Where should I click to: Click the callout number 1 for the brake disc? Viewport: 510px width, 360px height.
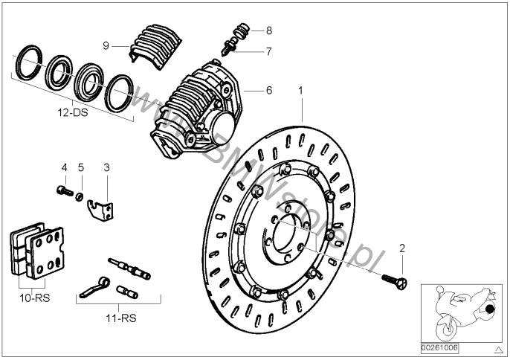pyautogui.click(x=301, y=91)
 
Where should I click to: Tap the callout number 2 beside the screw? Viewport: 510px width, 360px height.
pyautogui.click(x=402, y=248)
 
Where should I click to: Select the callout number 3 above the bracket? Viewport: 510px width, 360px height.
pyautogui.click(x=106, y=167)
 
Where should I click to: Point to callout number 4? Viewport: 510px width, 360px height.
pyautogui.click(x=64, y=167)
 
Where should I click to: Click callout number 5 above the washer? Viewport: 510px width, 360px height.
pyautogui.click(x=81, y=167)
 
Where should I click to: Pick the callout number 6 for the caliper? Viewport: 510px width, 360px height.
pyautogui.click(x=269, y=91)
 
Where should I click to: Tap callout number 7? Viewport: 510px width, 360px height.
pyautogui.click(x=269, y=51)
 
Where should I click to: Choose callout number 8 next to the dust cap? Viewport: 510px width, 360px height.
pyautogui.click(x=269, y=30)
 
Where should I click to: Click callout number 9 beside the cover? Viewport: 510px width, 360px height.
pyautogui.click(x=106, y=45)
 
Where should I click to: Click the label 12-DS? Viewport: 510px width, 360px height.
pyautogui.click(x=73, y=113)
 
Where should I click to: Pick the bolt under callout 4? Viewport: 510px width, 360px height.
pyautogui.click(x=64, y=192)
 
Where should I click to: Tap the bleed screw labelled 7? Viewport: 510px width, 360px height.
pyautogui.click(x=231, y=45)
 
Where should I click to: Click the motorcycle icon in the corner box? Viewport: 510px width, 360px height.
pyautogui.click(x=459, y=309)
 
